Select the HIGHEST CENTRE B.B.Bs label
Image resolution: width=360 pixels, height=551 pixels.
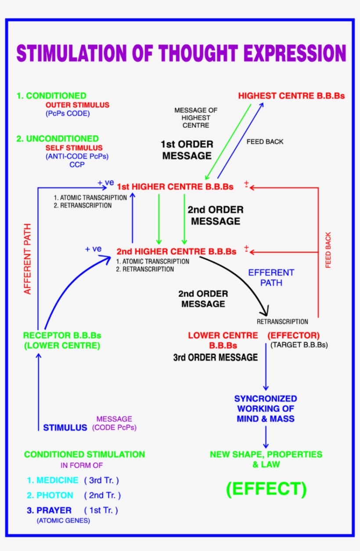tap(291, 96)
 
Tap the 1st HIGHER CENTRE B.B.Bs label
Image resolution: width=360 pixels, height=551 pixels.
tap(175, 187)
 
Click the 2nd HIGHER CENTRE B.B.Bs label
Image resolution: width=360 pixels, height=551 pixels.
tap(176, 252)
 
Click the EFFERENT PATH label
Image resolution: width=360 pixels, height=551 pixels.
tap(271, 278)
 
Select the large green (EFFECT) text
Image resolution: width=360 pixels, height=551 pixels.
tap(266, 489)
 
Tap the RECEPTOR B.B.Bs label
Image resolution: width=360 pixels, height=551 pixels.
tap(62, 340)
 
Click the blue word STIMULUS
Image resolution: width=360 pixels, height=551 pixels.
tap(65, 428)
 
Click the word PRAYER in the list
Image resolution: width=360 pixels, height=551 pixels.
tap(54, 510)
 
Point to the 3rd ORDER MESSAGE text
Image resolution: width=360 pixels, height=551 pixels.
tap(215, 358)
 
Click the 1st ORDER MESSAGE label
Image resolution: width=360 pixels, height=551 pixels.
tap(187, 150)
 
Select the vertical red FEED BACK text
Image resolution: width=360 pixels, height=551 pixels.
tap(328, 250)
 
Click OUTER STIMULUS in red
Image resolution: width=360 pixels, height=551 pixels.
tap(77, 105)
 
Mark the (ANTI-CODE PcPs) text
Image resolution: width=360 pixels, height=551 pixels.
tap(77, 156)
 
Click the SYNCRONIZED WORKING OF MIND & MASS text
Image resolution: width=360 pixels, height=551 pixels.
tap(265, 409)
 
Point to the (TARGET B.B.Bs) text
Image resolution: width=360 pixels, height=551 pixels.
tap(299, 345)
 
